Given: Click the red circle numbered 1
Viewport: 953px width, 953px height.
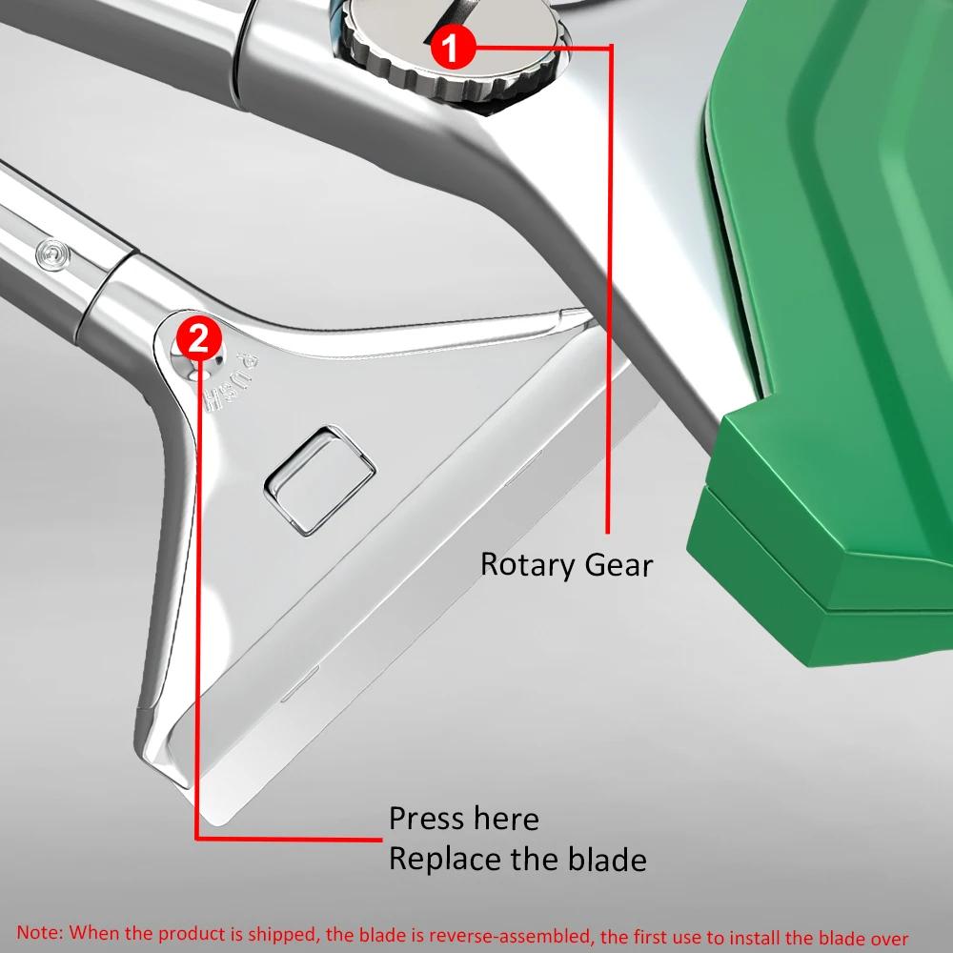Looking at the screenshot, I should click(x=453, y=47).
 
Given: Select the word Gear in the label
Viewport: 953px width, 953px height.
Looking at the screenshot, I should click(x=619, y=564).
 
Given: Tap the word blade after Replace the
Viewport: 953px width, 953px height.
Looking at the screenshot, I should click(x=601, y=860).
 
